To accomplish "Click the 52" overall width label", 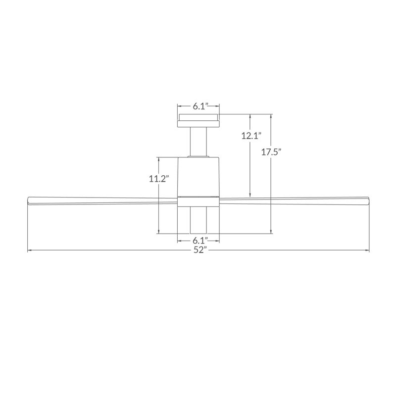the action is coord(200,250).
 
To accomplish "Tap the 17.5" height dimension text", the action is coord(271,152).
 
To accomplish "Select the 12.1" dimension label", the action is coord(251,136).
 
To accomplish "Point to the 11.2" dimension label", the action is coord(158,179).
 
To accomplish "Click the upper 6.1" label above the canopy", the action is coord(200,106).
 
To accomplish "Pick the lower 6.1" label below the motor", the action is coord(200,240).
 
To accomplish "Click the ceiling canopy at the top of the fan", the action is coord(198,120).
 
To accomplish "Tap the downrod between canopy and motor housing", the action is coord(198,142).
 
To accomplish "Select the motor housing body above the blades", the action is coord(198,177).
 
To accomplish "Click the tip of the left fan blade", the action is coord(27,201).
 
